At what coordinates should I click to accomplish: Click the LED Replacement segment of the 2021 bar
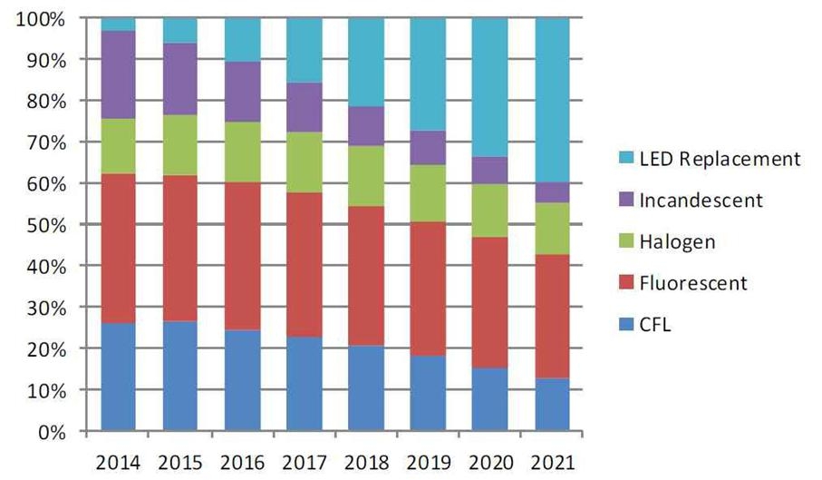click(552, 100)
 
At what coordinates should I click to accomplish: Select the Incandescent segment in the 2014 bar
click(118, 74)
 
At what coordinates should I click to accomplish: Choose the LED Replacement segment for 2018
click(366, 62)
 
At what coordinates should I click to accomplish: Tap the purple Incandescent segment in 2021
click(552, 192)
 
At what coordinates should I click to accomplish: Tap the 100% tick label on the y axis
click(40, 19)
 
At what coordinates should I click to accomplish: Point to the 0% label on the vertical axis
click(50, 432)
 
